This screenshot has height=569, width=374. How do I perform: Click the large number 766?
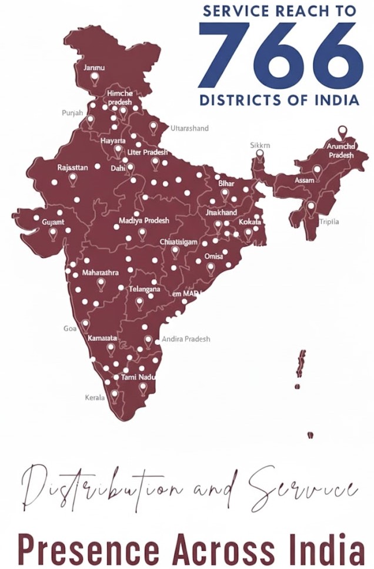(279, 55)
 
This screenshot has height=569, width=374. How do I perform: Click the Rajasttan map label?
(72, 168)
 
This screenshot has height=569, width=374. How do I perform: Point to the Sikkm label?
(260, 145)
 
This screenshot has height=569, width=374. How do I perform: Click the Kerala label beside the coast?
(95, 397)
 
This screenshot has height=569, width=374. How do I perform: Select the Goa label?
(69, 329)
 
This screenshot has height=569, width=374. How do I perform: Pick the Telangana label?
(144, 290)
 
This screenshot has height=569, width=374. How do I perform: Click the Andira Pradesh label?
(185, 339)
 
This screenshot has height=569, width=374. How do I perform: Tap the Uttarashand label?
(189, 128)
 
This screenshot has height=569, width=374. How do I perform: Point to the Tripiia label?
(329, 222)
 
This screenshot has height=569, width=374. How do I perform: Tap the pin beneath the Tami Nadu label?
(143, 388)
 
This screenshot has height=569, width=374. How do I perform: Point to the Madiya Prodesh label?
(143, 220)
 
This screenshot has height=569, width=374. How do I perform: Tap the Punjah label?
(72, 112)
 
